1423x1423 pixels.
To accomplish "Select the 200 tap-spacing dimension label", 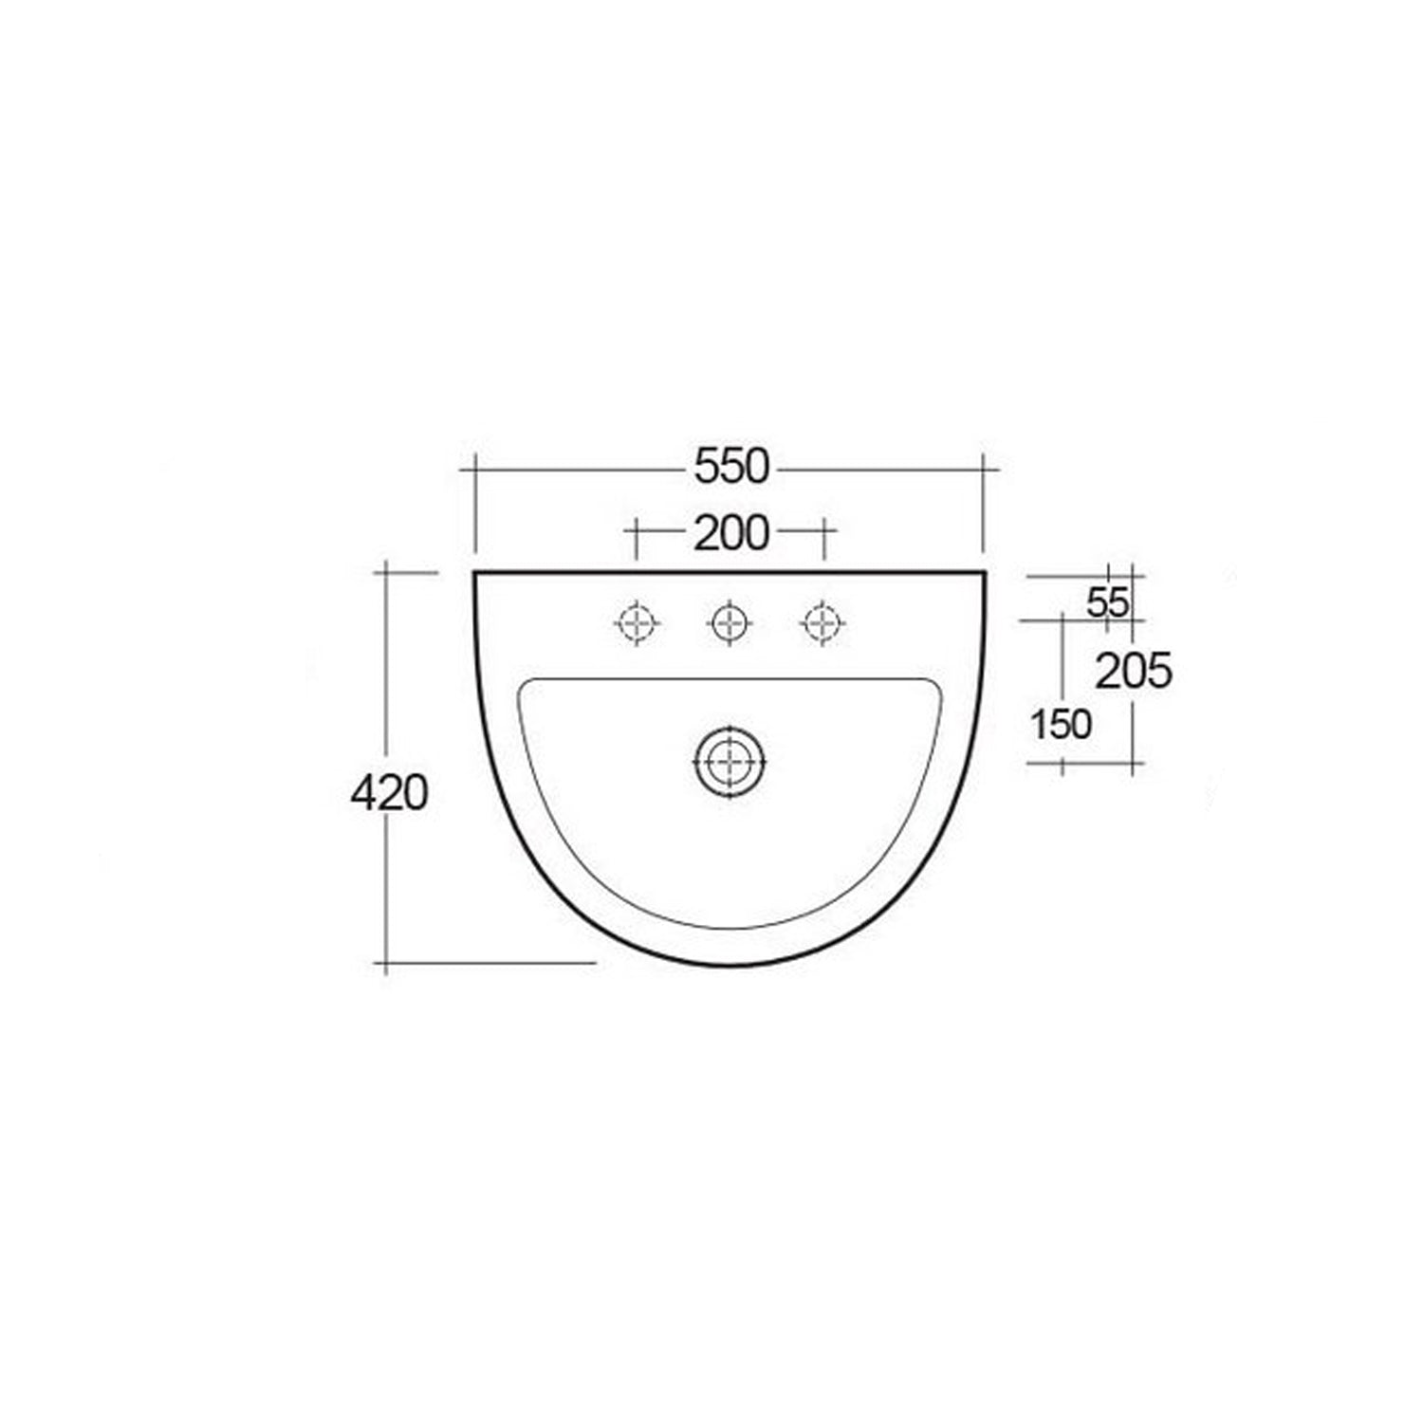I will pyautogui.click(x=730, y=534).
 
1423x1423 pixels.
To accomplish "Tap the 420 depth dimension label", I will pyautogui.click(x=389, y=792).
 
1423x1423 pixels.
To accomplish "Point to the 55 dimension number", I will pyautogui.click(x=1106, y=602).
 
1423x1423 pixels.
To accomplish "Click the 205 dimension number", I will pyautogui.click(x=1134, y=673).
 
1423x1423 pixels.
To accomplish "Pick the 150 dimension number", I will pyautogui.click(x=1062, y=725).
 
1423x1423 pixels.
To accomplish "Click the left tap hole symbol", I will pyautogui.click(x=637, y=623).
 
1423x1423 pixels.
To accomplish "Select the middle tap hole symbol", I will pyautogui.click(x=729, y=623).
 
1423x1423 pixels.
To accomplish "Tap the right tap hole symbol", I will pyautogui.click(x=822, y=623).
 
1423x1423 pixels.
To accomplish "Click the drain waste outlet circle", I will pyautogui.click(x=730, y=761).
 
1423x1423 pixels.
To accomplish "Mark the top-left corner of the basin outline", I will pyautogui.click(x=474, y=573).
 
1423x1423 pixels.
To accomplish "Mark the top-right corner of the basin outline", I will pyautogui.click(x=986, y=573).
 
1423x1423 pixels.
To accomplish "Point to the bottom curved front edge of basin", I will pyautogui.click(x=730, y=965).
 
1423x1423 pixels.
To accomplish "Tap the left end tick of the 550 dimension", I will pyautogui.click(x=474, y=468).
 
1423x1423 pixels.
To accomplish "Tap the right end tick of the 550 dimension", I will pyautogui.click(x=984, y=468).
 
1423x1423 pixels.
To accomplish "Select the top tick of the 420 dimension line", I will pyautogui.click(x=385, y=573).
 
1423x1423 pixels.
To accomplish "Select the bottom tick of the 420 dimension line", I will pyautogui.click(x=385, y=963).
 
